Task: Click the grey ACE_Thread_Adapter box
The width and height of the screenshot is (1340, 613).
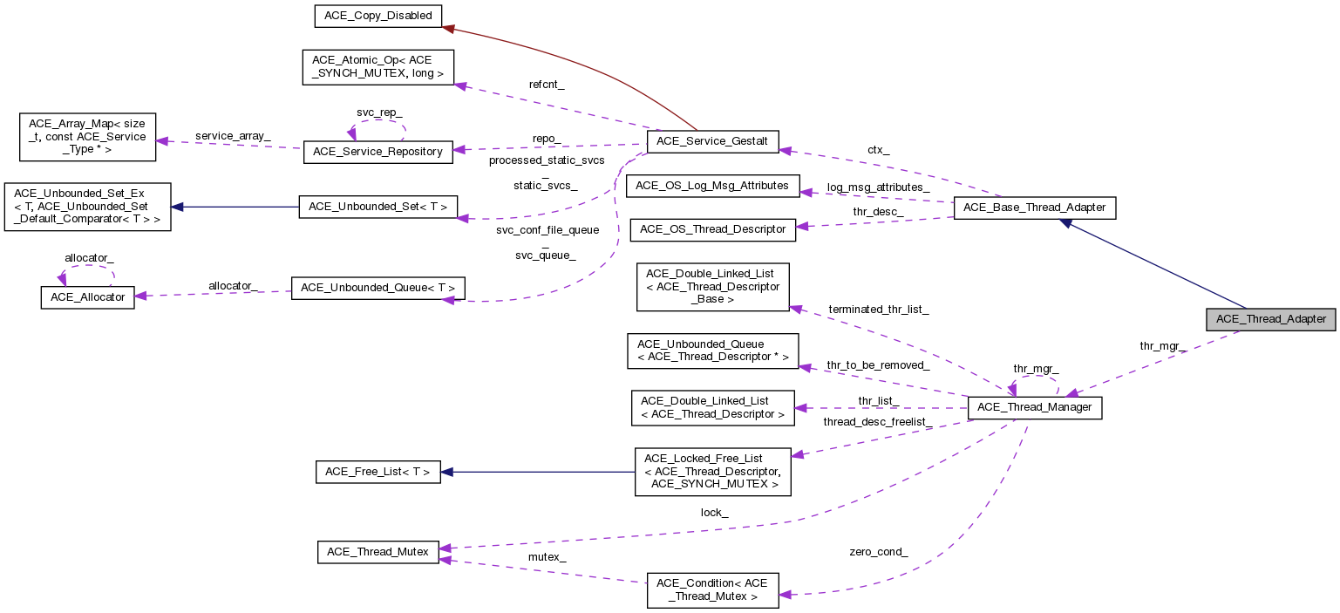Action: (x=1270, y=319)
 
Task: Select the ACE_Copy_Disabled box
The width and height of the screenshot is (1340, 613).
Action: (x=378, y=16)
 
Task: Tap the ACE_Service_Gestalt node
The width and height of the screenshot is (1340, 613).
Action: (x=711, y=142)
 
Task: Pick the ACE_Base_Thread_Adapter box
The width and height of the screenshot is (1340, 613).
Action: (x=1035, y=208)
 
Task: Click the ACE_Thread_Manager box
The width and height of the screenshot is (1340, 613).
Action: (x=1035, y=407)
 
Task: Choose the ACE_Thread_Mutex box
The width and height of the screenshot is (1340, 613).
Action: (x=378, y=552)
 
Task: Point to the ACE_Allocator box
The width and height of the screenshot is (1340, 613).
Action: (x=87, y=297)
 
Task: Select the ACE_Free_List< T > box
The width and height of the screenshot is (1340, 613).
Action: (x=378, y=472)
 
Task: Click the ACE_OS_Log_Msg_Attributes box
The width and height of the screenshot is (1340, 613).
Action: (x=712, y=186)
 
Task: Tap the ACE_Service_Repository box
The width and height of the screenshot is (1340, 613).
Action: (x=378, y=152)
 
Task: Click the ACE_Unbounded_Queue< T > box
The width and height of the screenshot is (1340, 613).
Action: (x=378, y=288)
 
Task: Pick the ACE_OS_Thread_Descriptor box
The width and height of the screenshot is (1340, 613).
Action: (x=712, y=229)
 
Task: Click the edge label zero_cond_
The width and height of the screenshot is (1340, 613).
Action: (x=878, y=552)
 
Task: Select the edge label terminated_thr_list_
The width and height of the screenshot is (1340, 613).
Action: (x=878, y=310)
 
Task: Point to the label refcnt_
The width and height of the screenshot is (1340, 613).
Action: (x=547, y=85)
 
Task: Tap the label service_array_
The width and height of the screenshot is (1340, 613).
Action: (x=233, y=136)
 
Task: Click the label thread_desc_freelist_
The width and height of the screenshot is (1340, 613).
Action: (x=877, y=422)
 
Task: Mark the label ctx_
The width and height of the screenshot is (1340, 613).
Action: (x=878, y=150)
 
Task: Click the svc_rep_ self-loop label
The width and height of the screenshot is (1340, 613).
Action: (x=379, y=113)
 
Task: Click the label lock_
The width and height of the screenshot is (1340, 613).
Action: (x=714, y=513)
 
